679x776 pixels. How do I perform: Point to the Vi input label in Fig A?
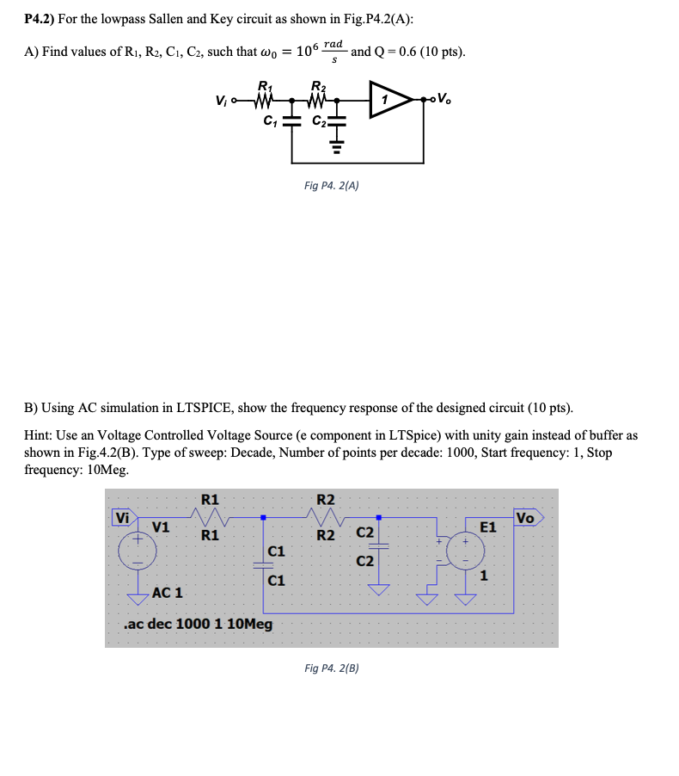(x=223, y=100)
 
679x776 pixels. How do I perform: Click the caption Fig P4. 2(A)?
(x=332, y=185)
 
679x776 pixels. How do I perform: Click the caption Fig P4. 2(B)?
(x=332, y=668)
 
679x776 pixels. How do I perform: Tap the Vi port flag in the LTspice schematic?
(x=123, y=518)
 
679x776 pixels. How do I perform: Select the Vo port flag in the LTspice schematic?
(x=526, y=518)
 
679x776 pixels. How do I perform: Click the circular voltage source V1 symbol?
(x=137, y=551)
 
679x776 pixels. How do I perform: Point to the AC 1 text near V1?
(x=167, y=593)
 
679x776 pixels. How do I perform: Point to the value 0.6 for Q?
(x=415, y=52)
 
